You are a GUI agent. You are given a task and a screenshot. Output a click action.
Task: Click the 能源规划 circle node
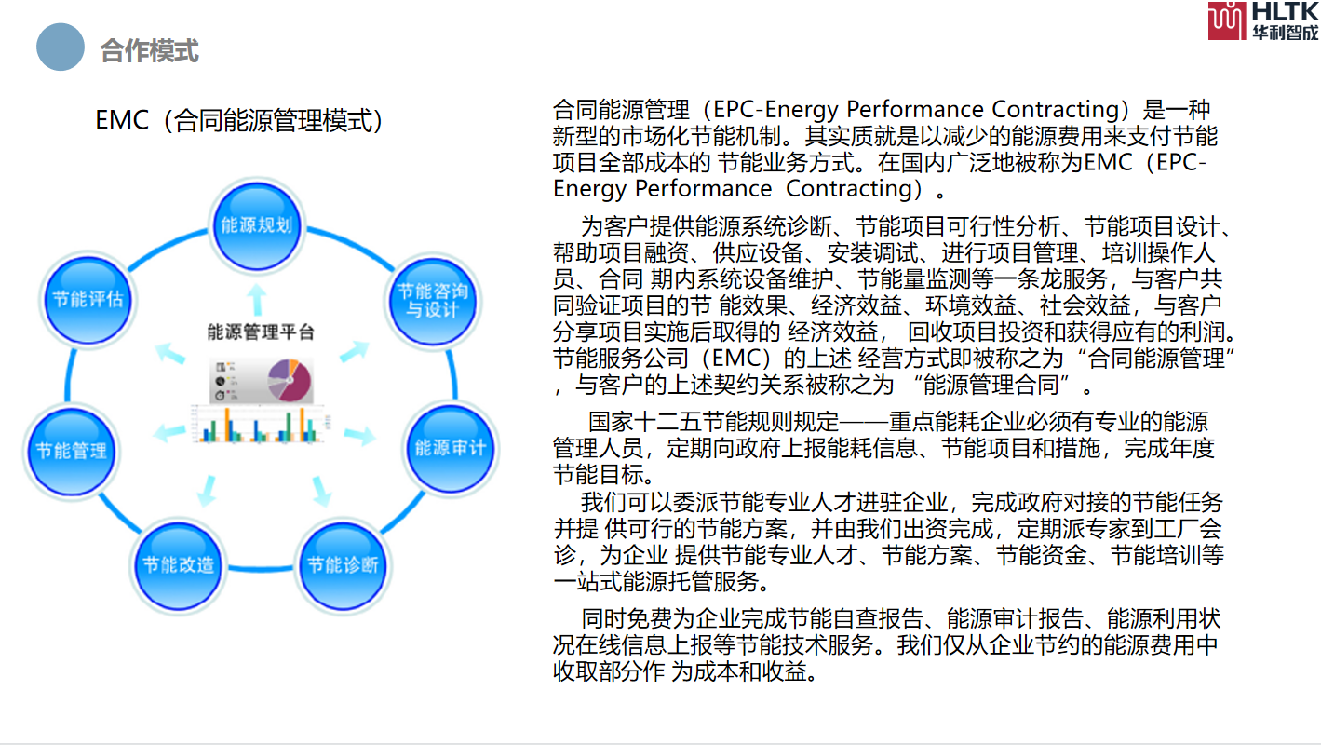257,224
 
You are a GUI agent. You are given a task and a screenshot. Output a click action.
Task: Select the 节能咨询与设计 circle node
427,299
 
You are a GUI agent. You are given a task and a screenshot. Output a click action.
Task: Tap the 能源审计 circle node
451,448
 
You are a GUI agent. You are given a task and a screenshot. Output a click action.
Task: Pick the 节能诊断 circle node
343,564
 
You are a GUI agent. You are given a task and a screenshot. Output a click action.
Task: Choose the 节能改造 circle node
179,564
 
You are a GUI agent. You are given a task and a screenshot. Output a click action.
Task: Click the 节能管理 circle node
72,451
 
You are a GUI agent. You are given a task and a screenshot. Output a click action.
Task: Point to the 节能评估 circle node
88,299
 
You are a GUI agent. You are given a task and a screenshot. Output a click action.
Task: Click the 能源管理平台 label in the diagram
261,332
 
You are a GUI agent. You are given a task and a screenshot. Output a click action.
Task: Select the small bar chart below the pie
259,425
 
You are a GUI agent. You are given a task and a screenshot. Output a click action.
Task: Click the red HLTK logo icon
1227,20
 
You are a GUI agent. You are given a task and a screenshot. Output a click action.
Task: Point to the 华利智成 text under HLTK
1285,33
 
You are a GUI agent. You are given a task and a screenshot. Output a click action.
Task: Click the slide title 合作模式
149,50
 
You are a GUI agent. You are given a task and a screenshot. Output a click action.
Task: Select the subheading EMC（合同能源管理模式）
240,121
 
